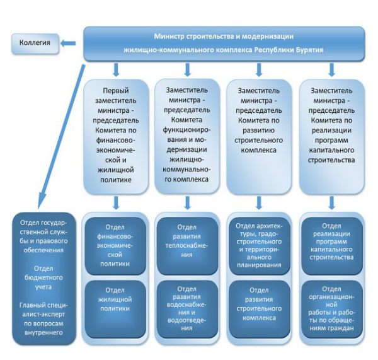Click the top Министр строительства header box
(x=224, y=43)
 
